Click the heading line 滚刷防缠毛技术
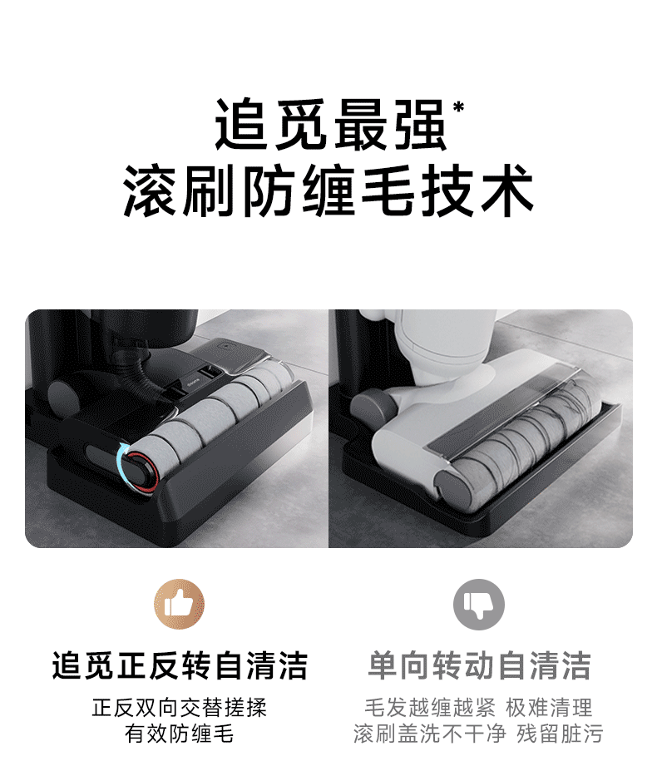(x=328, y=191)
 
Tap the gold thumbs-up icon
(x=179, y=605)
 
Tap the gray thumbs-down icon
(x=479, y=605)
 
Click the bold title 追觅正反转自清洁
(x=180, y=665)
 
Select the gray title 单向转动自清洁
(x=479, y=665)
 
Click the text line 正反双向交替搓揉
(x=180, y=708)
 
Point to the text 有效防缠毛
(x=180, y=734)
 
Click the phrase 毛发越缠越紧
(x=430, y=708)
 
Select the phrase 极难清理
(x=550, y=708)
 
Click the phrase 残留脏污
(x=559, y=734)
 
